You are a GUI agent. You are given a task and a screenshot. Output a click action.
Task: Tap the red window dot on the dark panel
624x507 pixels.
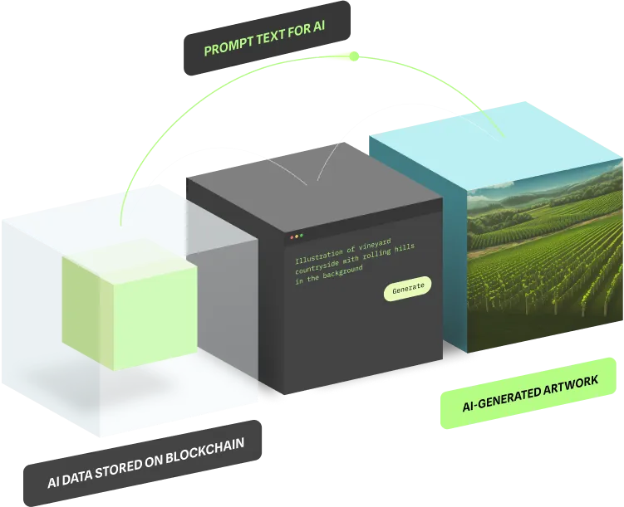coord(289,236)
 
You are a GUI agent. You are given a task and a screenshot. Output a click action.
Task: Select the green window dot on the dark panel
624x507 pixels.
coord(300,236)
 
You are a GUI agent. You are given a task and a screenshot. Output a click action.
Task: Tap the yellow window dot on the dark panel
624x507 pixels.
coord(295,236)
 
